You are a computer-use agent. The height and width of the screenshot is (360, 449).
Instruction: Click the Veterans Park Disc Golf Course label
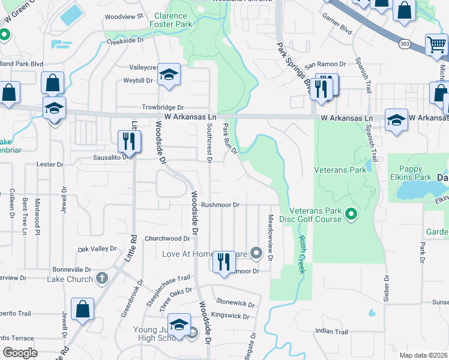pyautogui.click(x=315, y=215)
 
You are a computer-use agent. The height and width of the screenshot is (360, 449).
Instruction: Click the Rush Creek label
pyautogui.click(x=301, y=254)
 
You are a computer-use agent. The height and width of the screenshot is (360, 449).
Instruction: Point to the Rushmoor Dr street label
pyautogui.click(x=220, y=205)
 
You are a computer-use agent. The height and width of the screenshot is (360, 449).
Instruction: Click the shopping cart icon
pyautogui.click(x=436, y=44)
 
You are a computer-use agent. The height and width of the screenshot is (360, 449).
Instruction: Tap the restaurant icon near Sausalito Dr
pyautogui.click(x=129, y=141)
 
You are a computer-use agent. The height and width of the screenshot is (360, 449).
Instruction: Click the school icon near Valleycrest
pyautogui.click(x=169, y=74)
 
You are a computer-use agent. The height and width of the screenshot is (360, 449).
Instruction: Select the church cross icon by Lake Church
pyautogui.click(x=102, y=278)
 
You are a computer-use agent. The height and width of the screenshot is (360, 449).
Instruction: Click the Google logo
pyautogui.click(x=20, y=352)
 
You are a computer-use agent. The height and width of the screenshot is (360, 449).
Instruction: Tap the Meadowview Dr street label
pyautogui.click(x=271, y=238)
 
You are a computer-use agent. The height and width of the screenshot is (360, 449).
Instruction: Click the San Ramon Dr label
pyautogui.click(x=326, y=65)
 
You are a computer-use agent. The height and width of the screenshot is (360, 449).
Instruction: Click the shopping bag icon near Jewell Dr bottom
pyautogui.click(x=82, y=308)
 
